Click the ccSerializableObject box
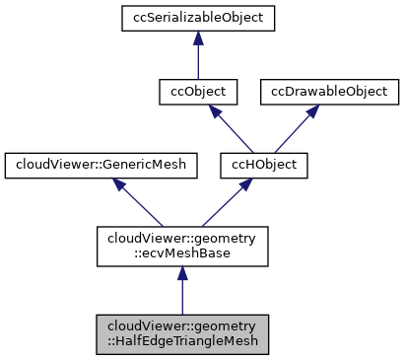point(198,17)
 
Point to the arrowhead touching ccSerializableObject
point(198,37)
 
